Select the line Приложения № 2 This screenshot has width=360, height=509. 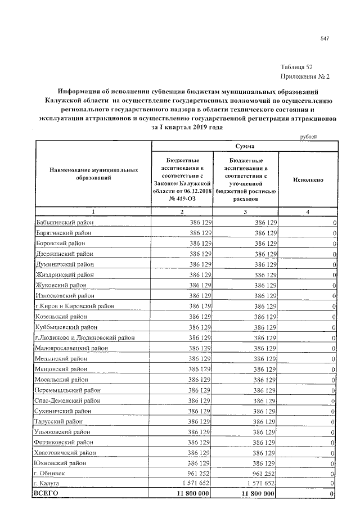304,76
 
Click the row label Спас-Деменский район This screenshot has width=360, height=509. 67,400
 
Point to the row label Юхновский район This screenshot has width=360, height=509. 60,463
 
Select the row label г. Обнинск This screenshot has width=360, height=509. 49,474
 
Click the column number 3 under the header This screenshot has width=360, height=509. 245,211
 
